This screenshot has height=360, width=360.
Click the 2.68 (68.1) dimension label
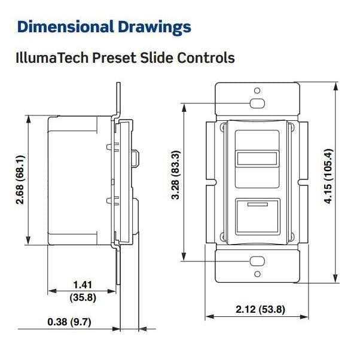21,180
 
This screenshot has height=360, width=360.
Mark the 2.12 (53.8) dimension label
260,309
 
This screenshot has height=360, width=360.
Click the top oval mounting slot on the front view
257,103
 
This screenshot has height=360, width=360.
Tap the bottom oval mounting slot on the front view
257,261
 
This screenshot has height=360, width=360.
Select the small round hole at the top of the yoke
257,91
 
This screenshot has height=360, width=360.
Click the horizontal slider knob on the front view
257,158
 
